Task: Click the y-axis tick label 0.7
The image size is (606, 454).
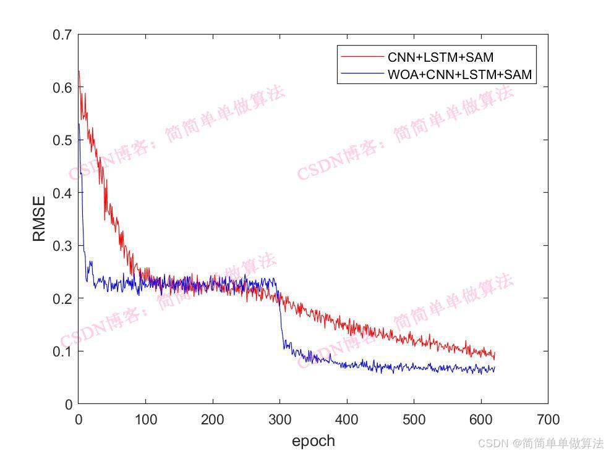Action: click(x=62, y=35)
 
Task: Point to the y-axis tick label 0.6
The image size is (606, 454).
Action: click(x=62, y=88)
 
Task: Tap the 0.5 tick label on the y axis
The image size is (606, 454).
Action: click(x=62, y=140)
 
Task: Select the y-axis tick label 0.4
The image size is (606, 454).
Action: click(x=62, y=193)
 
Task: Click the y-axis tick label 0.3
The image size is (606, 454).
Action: click(x=62, y=246)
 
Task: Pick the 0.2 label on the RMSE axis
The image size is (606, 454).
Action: click(x=62, y=298)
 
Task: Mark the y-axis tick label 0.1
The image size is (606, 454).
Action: click(x=62, y=351)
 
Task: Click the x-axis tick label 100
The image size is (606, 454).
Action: click(x=145, y=420)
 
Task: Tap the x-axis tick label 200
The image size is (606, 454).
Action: click(x=212, y=420)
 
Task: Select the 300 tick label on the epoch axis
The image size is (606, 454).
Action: click(x=280, y=420)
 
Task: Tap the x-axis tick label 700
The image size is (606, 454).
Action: click(x=548, y=420)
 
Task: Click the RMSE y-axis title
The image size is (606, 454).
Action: click(x=39, y=219)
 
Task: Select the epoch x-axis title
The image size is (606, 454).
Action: click(x=313, y=440)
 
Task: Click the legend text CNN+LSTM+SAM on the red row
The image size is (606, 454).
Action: click(x=440, y=57)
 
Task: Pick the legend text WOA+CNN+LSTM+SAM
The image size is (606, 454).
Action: click(x=459, y=75)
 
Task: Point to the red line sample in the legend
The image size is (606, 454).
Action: click(x=362, y=57)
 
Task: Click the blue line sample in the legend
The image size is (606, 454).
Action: click(x=362, y=75)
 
